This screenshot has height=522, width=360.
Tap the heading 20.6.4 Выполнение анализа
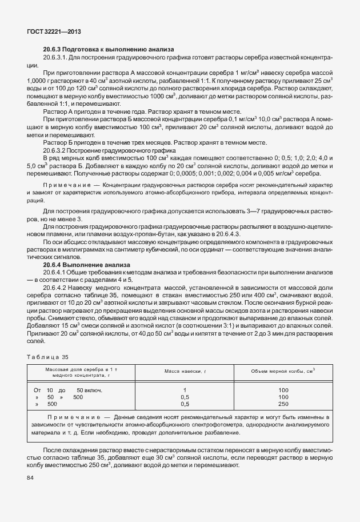coord(87,265)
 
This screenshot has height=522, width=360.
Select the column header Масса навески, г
coord(185,372)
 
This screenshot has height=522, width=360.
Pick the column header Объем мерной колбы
coord(283,372)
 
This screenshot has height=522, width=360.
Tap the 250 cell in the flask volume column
coord(283,404)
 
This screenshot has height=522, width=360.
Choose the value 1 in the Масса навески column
coord(185,390)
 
